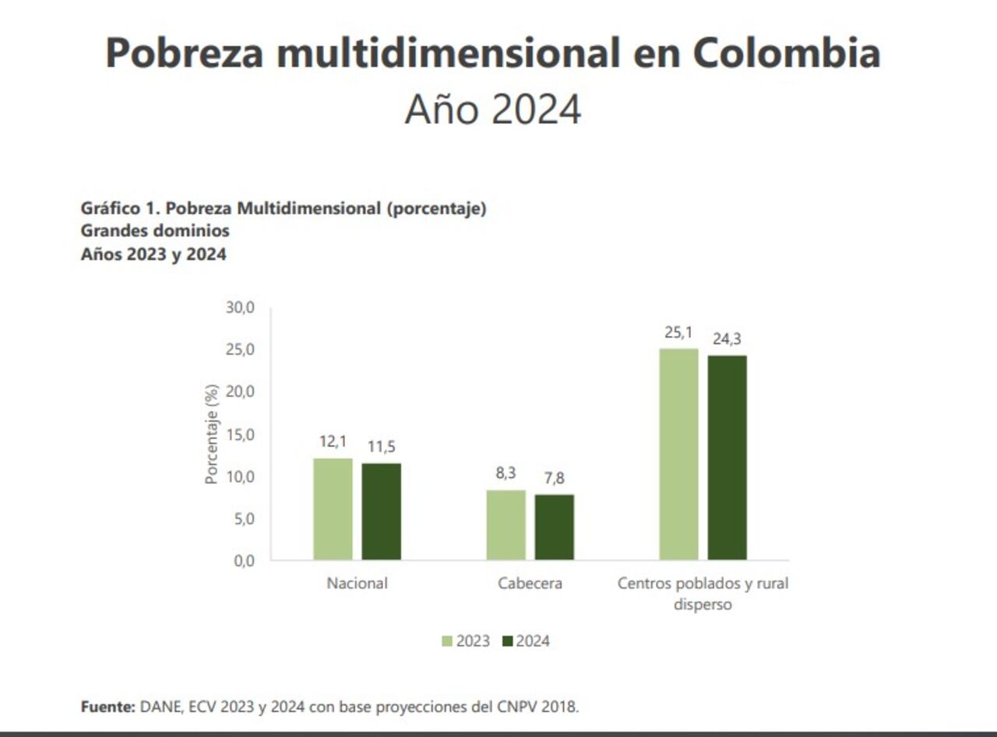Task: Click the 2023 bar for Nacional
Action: [333, 509]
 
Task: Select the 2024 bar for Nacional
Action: [381, 511]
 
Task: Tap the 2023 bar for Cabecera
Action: [506, 525]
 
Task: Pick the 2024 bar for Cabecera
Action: [554, 527]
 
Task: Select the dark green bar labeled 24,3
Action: [727, 458]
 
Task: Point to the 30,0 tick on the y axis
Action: [241, 308]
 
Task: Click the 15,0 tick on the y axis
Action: [241, 434]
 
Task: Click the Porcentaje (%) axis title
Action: [211, 434]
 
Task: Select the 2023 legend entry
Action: [466, 641]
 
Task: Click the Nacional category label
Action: [357, 583]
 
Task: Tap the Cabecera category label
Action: [530, 583]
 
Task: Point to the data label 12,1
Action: [333, 442]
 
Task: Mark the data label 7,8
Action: [554, 479]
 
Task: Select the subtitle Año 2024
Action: [492, 109]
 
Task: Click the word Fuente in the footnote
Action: [107, 707]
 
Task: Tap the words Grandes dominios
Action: [155, 231]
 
